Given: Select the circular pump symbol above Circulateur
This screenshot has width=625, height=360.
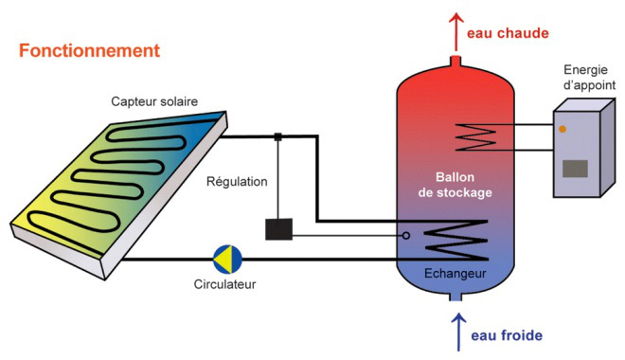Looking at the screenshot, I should pos(227,258).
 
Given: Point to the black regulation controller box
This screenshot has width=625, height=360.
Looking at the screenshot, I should pos(279,229).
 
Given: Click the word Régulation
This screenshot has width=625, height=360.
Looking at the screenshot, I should pos(237,181).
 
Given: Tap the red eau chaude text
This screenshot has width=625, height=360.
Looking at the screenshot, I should pos(508,33).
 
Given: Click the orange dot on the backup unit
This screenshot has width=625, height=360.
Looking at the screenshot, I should pos(562,128).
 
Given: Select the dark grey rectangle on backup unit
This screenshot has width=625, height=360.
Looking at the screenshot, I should pos(575,170).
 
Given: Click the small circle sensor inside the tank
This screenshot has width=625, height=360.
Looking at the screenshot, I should pos(406,235).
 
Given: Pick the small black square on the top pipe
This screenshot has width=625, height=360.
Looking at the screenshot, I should pos(278,136).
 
